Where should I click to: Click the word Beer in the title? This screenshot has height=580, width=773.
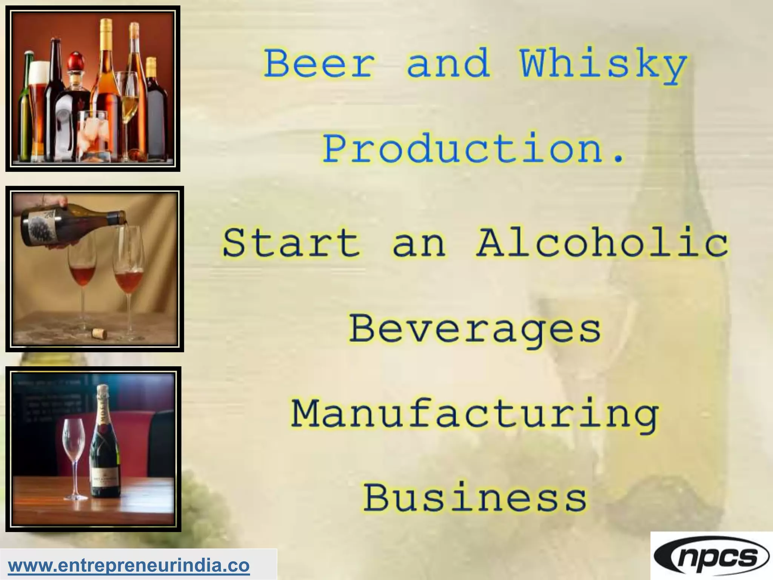pos(319,64)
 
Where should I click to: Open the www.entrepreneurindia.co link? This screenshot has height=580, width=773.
pos(129,565)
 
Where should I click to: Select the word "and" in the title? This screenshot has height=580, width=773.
pos(448,64)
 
